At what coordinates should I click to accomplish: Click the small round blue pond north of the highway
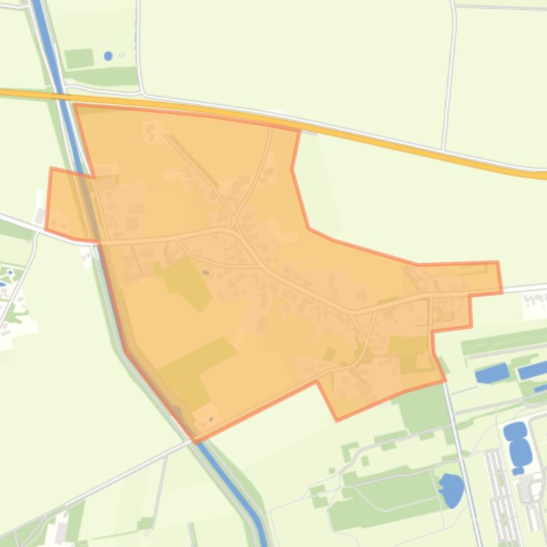click(x=108, y=55)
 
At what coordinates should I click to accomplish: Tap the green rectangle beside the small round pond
click(x=79, y=58)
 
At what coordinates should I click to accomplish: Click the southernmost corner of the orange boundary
click(x=196, y=442)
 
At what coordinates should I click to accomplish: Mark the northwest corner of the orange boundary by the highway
click(x=75, y=105)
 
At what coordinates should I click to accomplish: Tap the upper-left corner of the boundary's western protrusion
click(x=51, y=169)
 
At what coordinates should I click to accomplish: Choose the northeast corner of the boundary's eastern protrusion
click(x=497, y=263)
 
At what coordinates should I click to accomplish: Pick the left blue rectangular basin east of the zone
click(x=492, y=373)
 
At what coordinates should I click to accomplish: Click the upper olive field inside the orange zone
click(x=188, y=282)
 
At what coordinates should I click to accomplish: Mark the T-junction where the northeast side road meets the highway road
click(x=443, y=150)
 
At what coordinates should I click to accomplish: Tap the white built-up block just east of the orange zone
click(x=534, y=305)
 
